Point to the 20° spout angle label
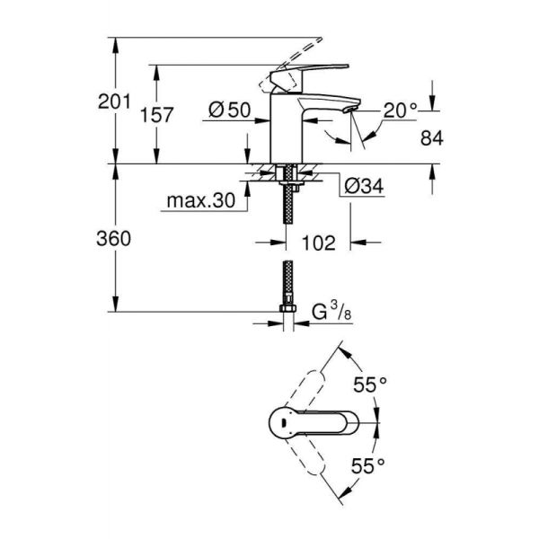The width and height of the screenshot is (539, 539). [x=400, y=110]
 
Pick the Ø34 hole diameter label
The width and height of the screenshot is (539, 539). [x=364, y=187]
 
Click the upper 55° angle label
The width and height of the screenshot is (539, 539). [x=369, y=384]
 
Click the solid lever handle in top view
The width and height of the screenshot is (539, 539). [x=314, y=423]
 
